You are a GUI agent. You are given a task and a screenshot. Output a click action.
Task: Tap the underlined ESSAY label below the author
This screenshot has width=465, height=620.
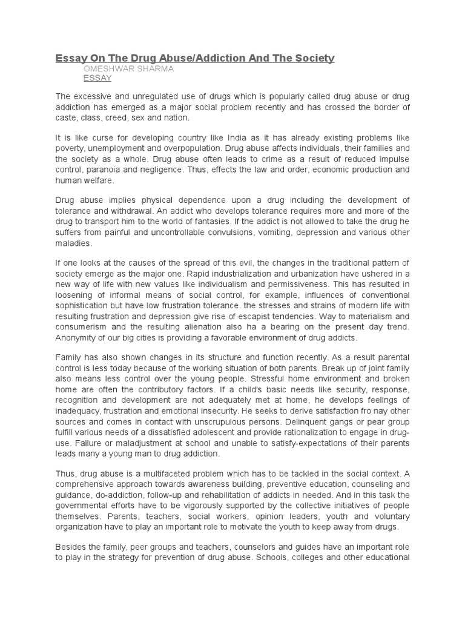click(x=97, y=79)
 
